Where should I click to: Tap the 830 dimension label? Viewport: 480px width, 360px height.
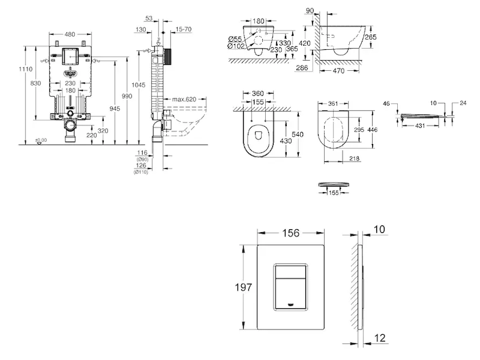click(36, 83)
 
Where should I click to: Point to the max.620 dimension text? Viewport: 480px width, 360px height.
click(184, 99)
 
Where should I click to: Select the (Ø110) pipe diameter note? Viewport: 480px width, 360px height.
click(141, 172)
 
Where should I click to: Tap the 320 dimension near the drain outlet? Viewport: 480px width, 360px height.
click(104, 130)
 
